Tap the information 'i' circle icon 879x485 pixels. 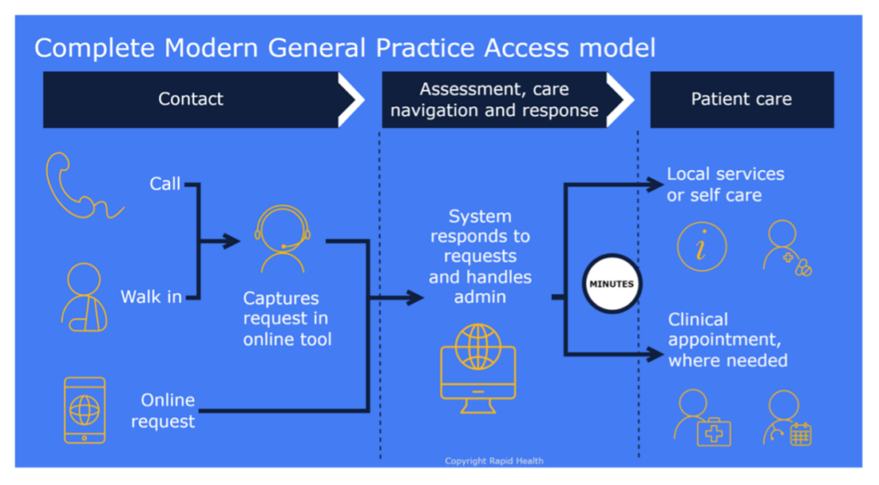pos(701,246)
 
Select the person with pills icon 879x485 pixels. pos(785,247)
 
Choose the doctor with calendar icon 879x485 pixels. pos(786,417)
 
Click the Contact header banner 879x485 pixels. pos(191,100)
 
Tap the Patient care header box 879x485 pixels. pos(742,100)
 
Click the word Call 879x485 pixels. pos(165,184)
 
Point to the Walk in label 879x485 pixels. pos(151,297)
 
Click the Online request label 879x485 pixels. pos(168,410)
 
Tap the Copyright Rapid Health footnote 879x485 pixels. pos(494,461)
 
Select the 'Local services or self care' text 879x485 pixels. pos(725,185)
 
